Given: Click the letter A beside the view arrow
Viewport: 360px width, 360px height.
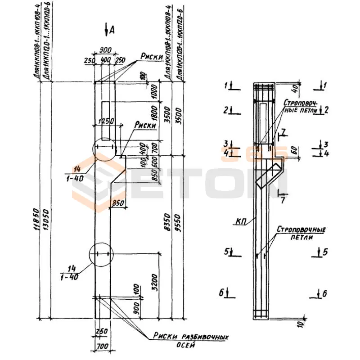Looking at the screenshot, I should [x=112, y=30].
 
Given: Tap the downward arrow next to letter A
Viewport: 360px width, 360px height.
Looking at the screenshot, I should [x=106, y=30].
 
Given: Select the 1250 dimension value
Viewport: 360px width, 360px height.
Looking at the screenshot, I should [x=105, y=121].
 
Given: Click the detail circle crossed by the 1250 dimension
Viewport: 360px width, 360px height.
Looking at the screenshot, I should [x=104, y=150].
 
